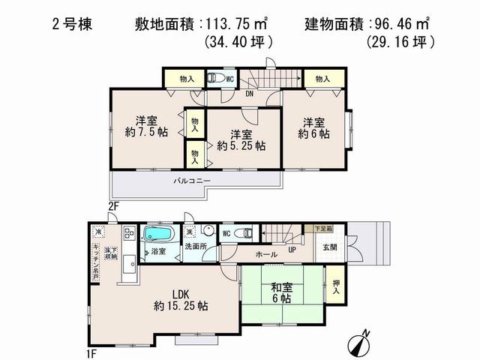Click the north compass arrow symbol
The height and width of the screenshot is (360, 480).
tap(362, 342)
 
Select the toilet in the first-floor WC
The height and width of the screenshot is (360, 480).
tap(243, 234)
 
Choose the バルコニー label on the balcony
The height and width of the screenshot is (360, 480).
tap(192, 181)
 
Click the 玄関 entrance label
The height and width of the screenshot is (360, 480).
tap(331, 247)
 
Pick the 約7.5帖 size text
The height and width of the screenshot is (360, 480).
tap(146, 133)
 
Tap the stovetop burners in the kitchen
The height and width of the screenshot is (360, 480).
tap(128, 234)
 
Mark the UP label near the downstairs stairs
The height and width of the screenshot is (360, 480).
tap(292, 251)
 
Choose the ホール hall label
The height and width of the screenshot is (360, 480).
tap(266, 255)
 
